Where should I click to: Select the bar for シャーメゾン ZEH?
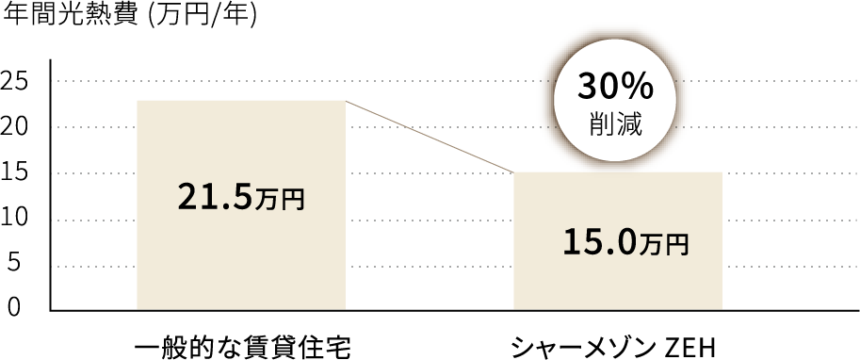[617, 283]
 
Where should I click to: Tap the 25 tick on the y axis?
[16, 81]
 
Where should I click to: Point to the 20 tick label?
[16, 127]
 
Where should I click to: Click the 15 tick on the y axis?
[16, 173]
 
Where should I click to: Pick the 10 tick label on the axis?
[16, 219]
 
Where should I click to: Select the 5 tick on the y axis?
[13, 265]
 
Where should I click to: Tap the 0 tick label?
[13, 307]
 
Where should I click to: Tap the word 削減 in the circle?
[615, 126]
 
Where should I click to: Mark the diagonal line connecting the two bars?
[429, 136]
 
